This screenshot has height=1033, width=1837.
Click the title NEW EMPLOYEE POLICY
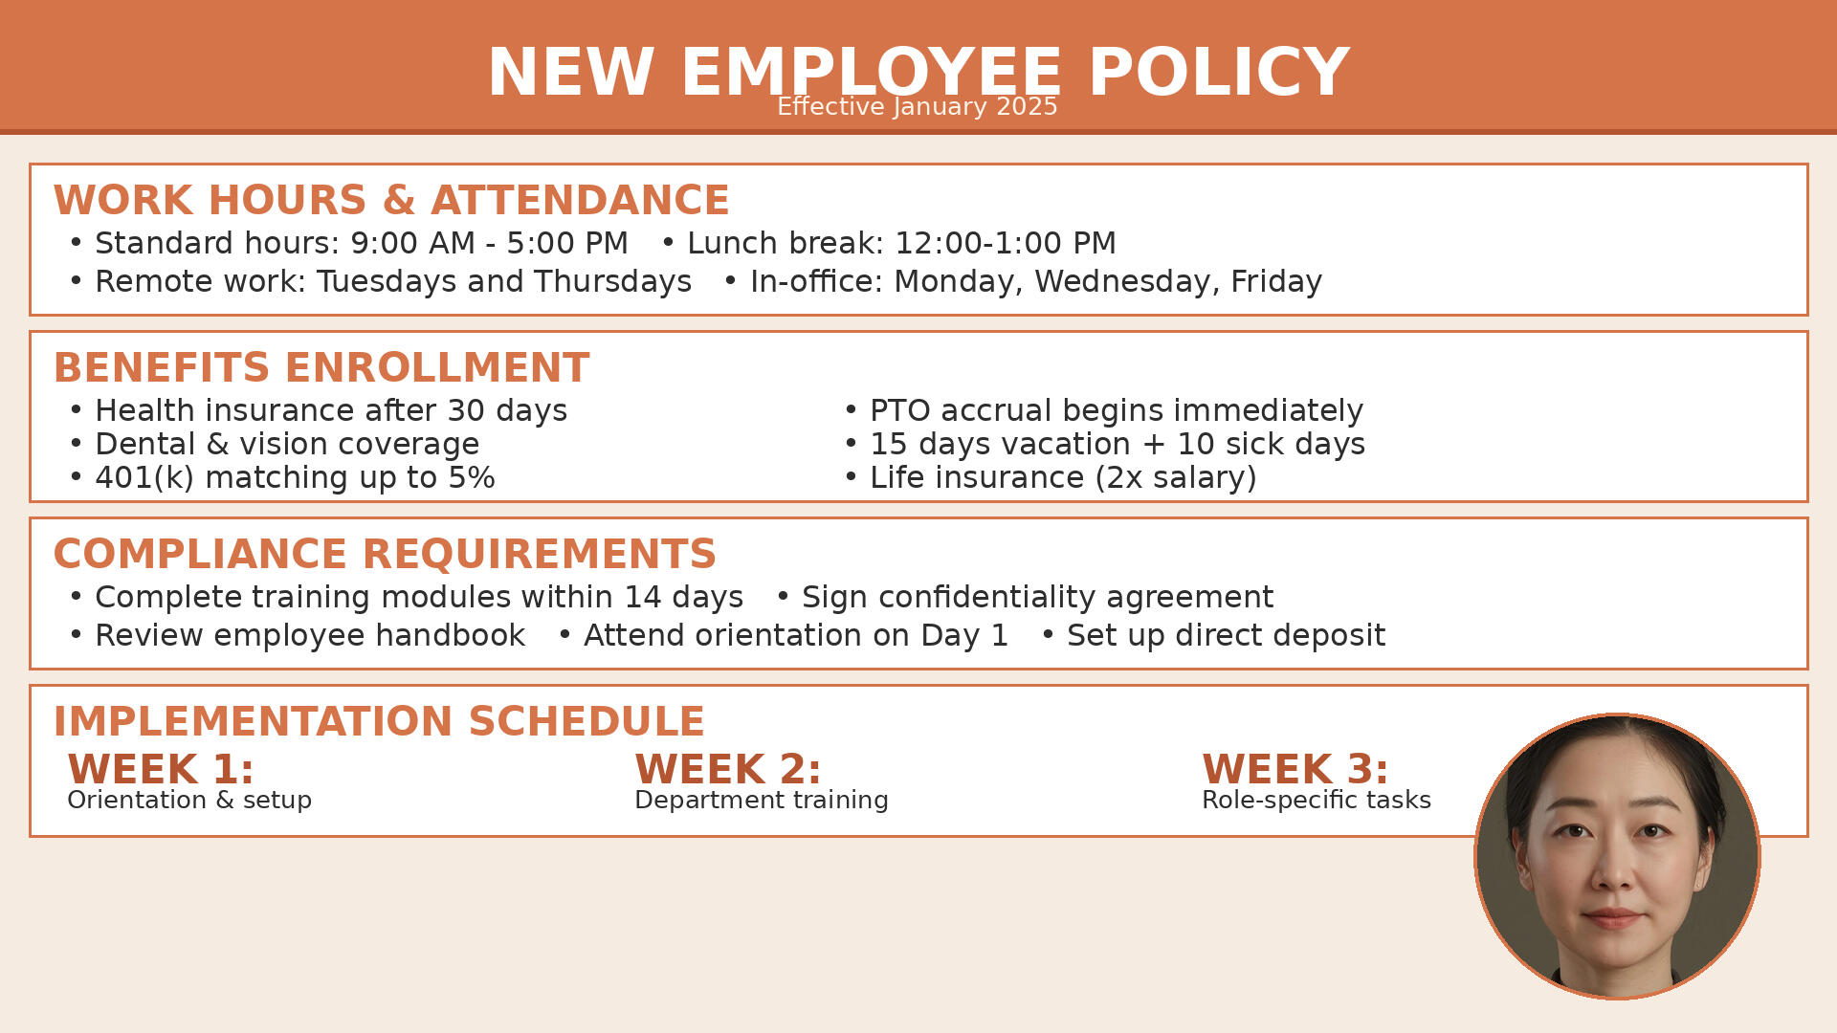pyautogui.click(x=918, y=73)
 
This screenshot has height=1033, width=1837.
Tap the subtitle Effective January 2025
pyautogui.click(x=918, y=106)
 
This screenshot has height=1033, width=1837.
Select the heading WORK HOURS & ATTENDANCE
pyautogui.click(x=391, y=200)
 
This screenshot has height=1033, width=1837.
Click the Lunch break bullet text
pyautogui.click(x=901, y=243)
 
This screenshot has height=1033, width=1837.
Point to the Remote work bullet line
pyautogui.click(x=393, y=281)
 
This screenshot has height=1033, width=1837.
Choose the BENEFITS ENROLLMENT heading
pyautogui.click(x=321, y=367)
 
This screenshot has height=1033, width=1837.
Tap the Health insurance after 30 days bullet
pyautogui.click(x=331, y=410)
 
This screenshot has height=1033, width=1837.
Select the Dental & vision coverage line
pyautogui.click(x=287, y=444)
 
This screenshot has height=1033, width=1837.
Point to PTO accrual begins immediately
pyautogui.click(x=1117, y=410)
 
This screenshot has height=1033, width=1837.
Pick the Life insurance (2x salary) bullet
pyautogui.click(x=1063, y=477)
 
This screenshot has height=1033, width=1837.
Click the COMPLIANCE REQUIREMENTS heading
pyautogui.click(x=385, y=554)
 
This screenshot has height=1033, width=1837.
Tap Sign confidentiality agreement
pyautogui.click(x=1038, y=597)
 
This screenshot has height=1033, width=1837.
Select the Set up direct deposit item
pyautogui.click(x=1227, y=635)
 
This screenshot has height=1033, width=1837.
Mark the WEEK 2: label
pyautogui.click(x=728, y=769)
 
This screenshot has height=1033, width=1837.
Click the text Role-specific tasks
pyautogui.click(x=1317, y=800)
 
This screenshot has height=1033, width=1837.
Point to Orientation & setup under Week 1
pyautogui.click(x=189, y=800)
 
